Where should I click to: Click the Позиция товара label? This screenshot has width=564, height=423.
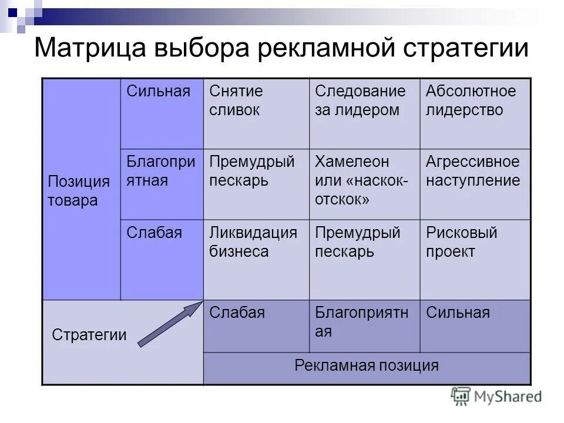[70, 190]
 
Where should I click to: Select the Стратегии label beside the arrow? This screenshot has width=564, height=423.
[89, 335]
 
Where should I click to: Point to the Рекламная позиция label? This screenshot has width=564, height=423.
[367, 365]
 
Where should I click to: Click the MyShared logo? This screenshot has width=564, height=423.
[496, 397]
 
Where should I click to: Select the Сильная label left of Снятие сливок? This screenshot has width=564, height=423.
[159, 92]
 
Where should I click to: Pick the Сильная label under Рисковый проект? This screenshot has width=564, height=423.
[458, 313]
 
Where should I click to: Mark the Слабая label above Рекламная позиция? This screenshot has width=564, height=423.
[237, 313]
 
